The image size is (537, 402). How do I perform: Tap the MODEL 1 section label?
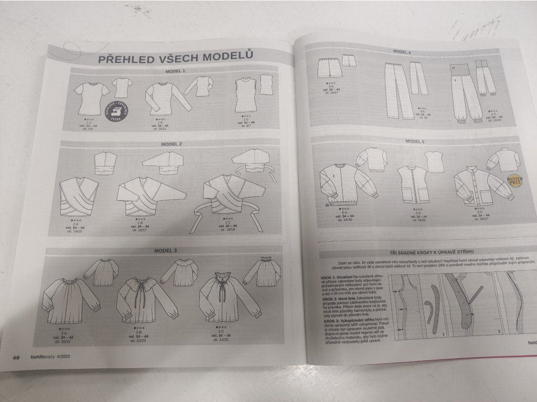175,71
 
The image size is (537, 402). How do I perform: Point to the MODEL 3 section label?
165,251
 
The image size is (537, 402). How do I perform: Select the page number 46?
16,358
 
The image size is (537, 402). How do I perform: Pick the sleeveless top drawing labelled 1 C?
245,96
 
